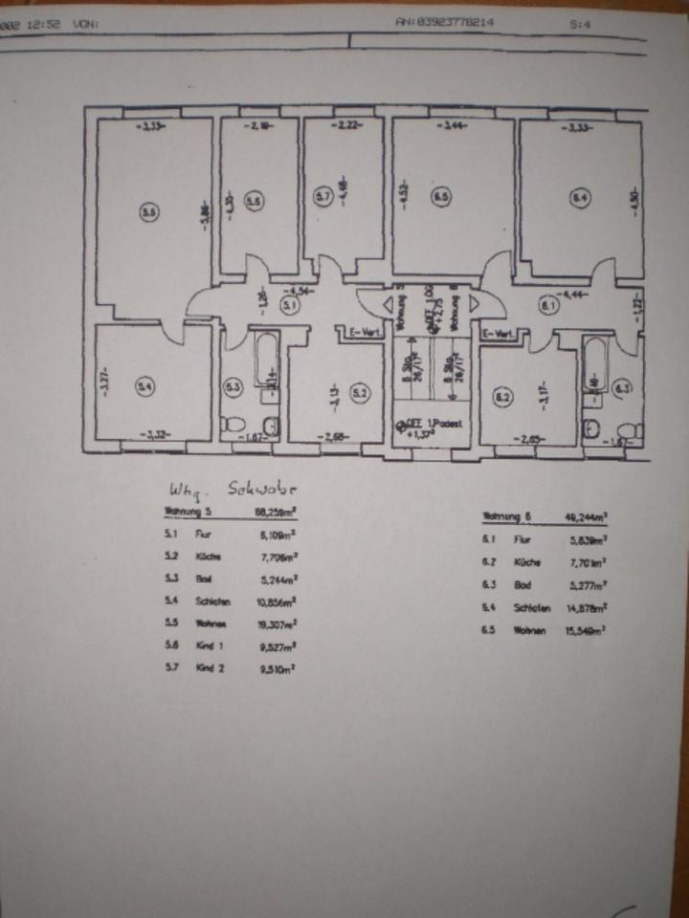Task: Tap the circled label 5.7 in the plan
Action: tap(322, 198)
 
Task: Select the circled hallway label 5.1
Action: tap(290, 305)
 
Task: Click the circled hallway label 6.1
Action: tap(549, 306)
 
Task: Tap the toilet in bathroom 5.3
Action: tap(230, 424)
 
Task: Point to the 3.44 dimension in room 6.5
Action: tap(456, 127)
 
